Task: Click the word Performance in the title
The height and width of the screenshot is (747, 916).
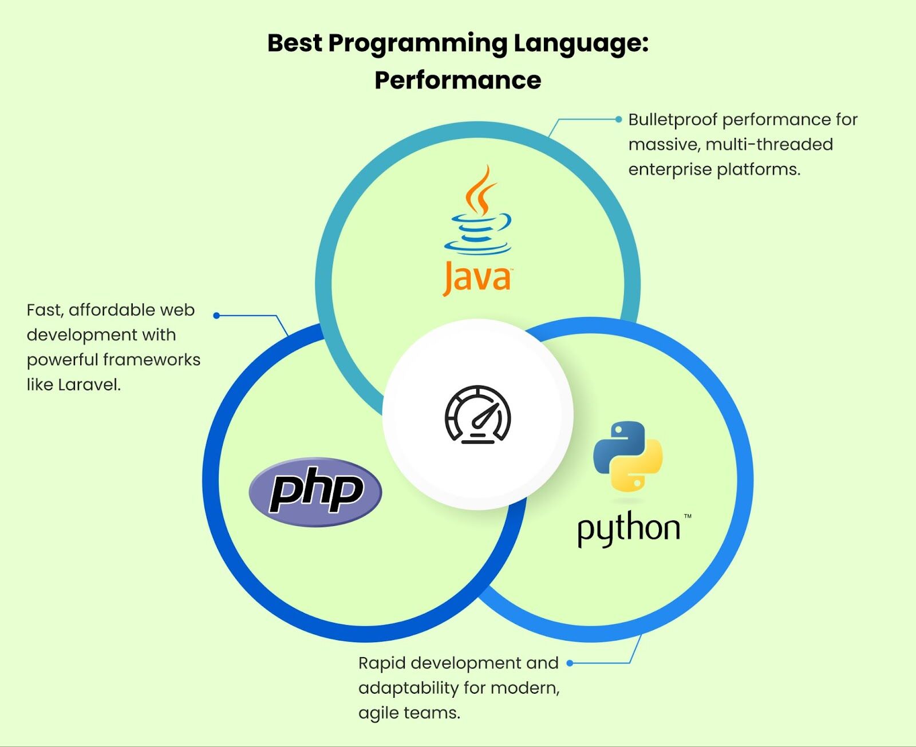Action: [458, 81]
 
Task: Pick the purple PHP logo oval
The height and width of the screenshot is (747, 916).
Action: [315, 492]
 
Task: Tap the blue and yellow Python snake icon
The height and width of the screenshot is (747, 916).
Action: [627, 456]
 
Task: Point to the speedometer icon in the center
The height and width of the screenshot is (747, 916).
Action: [478, 415]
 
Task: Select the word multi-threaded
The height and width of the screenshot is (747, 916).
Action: [769, 144]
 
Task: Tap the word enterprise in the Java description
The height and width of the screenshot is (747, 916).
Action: [669, 170]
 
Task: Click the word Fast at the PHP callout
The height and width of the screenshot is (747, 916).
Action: [45, 310]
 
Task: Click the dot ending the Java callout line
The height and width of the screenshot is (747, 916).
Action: [618, 120]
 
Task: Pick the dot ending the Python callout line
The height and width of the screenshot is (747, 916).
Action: [570, 663]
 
